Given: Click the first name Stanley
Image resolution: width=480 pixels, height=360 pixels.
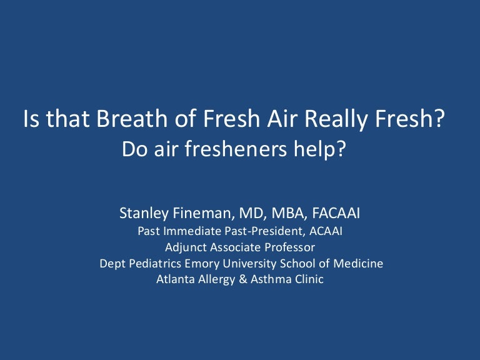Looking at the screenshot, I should pyautogui.click(x=144, y=215).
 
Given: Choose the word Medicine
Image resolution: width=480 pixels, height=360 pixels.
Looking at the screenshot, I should pyautogui.click(x=356, y=264).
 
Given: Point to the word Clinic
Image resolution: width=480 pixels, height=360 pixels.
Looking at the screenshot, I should pyautogui.click(x=306, y=280).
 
